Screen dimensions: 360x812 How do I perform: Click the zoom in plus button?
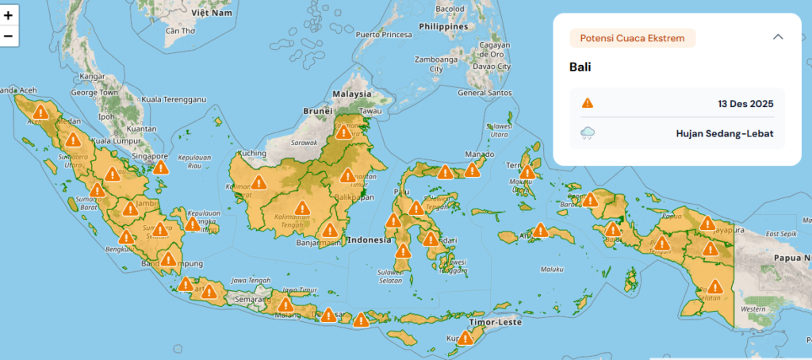click(x=9, y=15)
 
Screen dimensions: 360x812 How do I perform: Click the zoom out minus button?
click(x=9, y=36)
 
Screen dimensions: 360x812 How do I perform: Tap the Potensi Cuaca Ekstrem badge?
click(x=632, y=37)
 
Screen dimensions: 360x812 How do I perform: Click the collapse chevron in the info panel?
click(x=778, y=36)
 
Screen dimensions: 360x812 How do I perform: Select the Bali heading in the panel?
click(x=580, y=67)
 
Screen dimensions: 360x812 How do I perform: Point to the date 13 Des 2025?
click(x=745, y=103)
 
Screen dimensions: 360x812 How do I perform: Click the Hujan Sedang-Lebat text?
click(x=725, y=133)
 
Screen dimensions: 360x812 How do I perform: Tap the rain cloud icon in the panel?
click(x=588, y=133)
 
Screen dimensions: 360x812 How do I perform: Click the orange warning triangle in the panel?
click(x=588, y=103)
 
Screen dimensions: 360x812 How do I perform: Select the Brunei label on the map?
click(x=316, y=112)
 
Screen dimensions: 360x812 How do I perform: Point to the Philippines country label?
click(x=443, y=25)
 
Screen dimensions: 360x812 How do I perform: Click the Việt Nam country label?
click(x=211, y=13)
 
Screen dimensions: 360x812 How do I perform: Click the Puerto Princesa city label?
click(x=384, y=35)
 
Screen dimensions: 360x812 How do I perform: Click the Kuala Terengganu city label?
click(x=173, y=99)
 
